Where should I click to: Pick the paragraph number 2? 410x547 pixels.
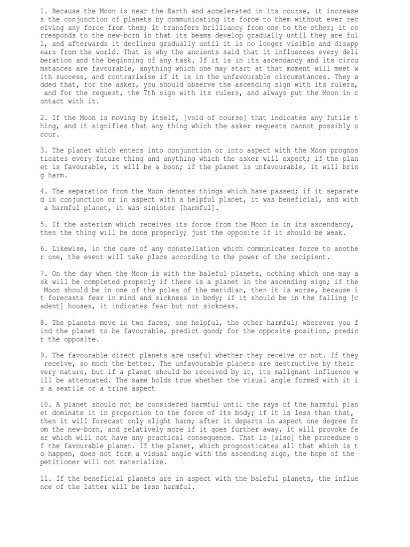click(x=42, y=117)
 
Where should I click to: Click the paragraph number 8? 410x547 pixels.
click(x=42, y=323)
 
